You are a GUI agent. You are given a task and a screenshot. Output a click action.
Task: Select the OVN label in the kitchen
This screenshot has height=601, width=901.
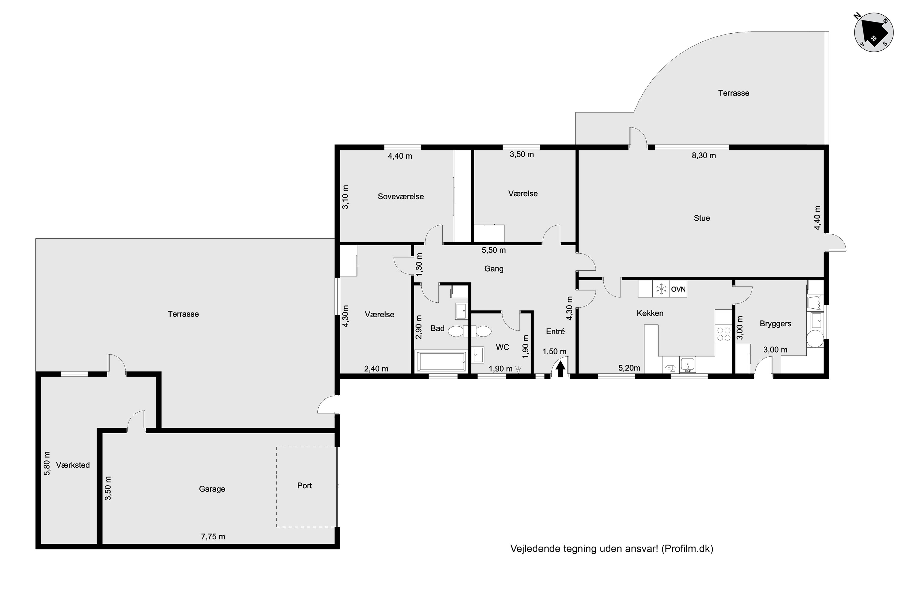(678, 289)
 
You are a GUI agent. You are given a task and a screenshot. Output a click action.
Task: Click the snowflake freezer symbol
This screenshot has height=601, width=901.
(662, 289)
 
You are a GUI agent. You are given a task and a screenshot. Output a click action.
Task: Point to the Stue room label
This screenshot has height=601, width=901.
(702, 218)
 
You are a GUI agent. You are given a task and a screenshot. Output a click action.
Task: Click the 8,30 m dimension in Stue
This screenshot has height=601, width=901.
(704, 156)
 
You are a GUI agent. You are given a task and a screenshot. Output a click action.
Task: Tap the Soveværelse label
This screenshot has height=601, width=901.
(401, 197)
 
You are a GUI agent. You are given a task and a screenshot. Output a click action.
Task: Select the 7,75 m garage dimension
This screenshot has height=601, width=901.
(213, 537)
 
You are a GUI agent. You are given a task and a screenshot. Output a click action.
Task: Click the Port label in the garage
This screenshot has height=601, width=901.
(305, 486)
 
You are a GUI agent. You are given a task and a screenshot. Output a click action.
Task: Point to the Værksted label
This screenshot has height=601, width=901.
(73, 465)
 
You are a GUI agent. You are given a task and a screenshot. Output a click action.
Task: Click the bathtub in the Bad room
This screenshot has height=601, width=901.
(441, 362)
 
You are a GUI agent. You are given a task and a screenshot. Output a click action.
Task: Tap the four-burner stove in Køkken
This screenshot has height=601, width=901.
(723, 334)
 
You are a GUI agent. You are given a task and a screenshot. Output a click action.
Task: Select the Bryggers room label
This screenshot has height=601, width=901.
(775, 324)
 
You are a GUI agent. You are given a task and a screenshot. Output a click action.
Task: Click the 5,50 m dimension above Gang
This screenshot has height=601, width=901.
(493, 250)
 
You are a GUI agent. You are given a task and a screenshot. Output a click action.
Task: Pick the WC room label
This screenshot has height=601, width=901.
(502, 347)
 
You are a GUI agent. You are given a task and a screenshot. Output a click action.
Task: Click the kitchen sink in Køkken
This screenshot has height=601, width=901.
(688, 364)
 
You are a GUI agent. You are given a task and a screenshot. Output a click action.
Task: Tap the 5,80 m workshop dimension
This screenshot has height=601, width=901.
(47, 463)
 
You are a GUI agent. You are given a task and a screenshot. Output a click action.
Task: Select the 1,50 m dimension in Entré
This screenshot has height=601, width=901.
(554, 352)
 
